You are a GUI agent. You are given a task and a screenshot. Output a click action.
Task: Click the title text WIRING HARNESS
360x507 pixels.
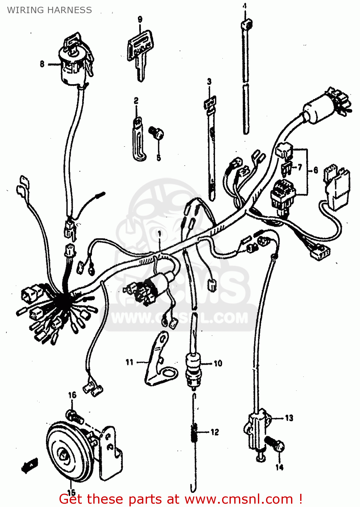pos(49,10)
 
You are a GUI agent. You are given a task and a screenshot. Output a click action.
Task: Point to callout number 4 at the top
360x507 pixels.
pos(244,6)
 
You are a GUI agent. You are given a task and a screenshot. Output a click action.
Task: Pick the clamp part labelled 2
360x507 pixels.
pos(138,139)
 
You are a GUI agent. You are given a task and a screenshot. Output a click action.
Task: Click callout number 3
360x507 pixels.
pos(209,81)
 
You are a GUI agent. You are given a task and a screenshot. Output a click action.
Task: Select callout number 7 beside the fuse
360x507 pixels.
pos(300,167)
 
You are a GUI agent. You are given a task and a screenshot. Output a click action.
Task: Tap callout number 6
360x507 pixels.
pos(315,170)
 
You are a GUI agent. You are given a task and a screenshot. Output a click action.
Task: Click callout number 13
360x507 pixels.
pos(289,418)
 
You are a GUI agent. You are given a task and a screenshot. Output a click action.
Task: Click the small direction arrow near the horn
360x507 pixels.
pos(30,465)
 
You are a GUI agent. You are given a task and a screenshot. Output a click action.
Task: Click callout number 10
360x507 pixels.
pos(218,363)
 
